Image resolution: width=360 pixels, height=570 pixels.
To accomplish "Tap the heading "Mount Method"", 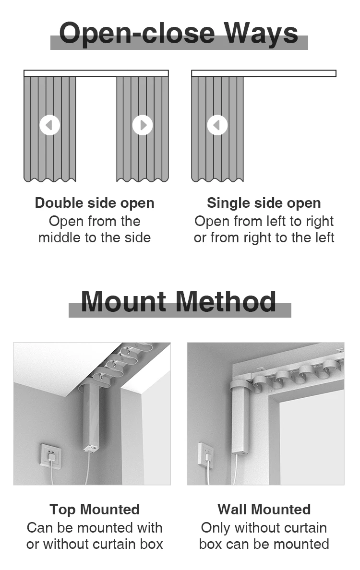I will click(x=179, y=301).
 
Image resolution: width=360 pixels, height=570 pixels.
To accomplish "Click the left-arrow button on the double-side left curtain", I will click(x=49, y=125).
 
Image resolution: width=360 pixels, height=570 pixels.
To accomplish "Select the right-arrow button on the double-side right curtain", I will click(x=143, y=125).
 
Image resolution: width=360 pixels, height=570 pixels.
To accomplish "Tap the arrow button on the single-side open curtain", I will click(x=217, y=125).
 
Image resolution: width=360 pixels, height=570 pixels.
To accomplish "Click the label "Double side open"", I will click(x=95, y=203).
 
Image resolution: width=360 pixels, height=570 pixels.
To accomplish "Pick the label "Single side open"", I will click(x=264, y=203).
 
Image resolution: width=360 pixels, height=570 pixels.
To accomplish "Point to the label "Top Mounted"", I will click(x=95, y=509).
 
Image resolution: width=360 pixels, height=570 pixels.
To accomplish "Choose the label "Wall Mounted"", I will click(x=264, y=509).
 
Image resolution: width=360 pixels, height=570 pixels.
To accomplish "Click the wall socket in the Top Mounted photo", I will click(x=50, y=455).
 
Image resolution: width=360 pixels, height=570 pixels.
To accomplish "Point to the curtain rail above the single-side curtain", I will click(x=264, y=73).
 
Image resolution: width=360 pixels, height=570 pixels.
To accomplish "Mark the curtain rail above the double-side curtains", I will click(x=96, y=73).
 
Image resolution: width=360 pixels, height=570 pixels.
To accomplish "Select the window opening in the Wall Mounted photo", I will click(x=311, y=432).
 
